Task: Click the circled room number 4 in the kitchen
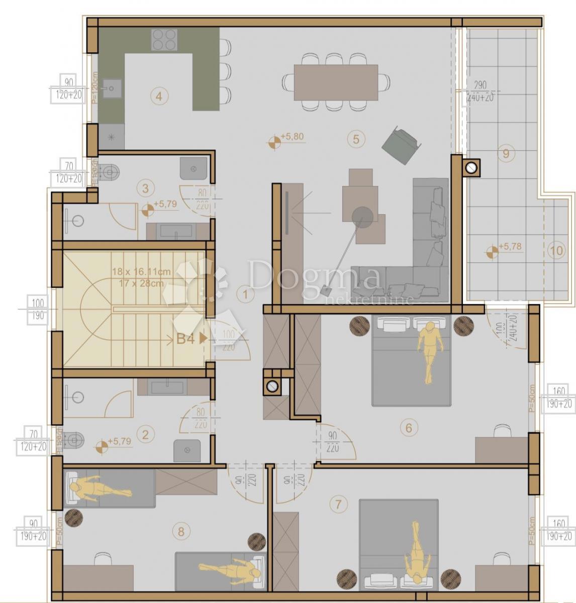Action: pos(159,96)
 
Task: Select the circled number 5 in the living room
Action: pos(356,138)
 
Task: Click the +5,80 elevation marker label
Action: pos(292,136)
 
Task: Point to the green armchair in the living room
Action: pos(401,145)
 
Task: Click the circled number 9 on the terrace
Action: pos(506,153)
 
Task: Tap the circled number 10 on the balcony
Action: pos(556,251)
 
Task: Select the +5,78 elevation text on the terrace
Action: pos(511,247)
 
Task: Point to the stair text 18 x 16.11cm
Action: pos(141,272)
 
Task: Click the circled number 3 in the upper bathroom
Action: pos(145,188)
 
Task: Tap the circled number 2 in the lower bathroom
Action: pos(145,434)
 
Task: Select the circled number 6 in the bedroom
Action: pos(409,428)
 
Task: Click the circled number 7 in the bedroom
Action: pos(338,504)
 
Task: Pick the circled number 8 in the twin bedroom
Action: pos(181,530)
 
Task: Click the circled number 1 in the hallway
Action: pos(245,294)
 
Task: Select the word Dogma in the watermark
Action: pos(314,278)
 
